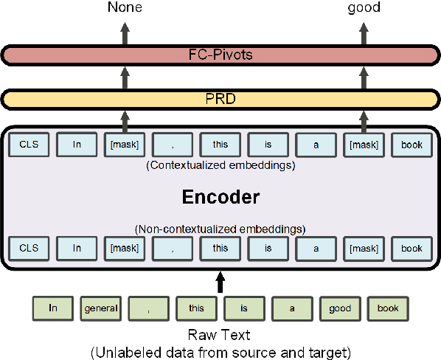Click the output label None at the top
coord(125,8)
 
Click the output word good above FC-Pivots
coord(364,8)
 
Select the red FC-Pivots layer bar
coord(220,54)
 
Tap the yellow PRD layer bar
coord(220,98)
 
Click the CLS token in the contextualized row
coord(29,145)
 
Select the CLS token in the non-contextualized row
coord(29,249)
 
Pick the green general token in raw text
coord(100,308)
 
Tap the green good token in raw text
coord(339,308)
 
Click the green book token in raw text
coord(387,308)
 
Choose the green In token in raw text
coord(53,308)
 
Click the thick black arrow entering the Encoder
coord(219,283)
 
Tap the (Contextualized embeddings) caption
coord(220,165)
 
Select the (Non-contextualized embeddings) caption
coord(220,228)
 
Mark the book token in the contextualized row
coord(412,145)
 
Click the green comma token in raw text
coord(148,308)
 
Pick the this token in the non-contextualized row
coord(220,249)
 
